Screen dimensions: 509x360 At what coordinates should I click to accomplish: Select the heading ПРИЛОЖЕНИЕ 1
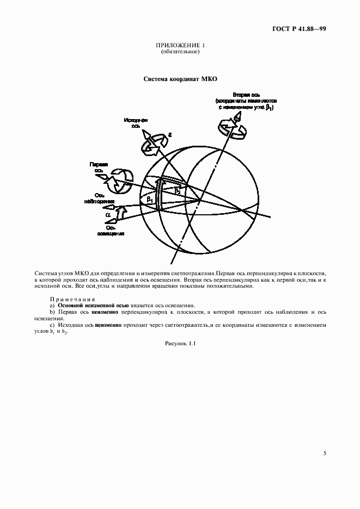[180, 45]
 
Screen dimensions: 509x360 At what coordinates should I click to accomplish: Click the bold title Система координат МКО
[180, 79]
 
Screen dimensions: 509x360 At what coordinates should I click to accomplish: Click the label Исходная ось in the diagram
[136, 122]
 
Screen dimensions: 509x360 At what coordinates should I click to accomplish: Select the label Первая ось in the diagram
[99, 166]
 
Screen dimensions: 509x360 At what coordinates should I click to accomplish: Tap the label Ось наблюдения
[102, 197]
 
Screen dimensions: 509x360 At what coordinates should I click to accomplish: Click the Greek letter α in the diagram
[108, 215]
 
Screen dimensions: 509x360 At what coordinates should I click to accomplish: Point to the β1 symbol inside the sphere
[150, 200]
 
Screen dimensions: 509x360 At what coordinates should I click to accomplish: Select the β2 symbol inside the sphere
[177, 190]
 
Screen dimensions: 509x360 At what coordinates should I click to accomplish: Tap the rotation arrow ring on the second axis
[231, 129]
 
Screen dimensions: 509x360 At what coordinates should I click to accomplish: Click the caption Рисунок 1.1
[180, 344]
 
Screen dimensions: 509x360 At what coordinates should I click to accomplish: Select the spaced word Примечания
[72, 299]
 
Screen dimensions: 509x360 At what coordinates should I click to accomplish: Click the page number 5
[325, 452]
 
